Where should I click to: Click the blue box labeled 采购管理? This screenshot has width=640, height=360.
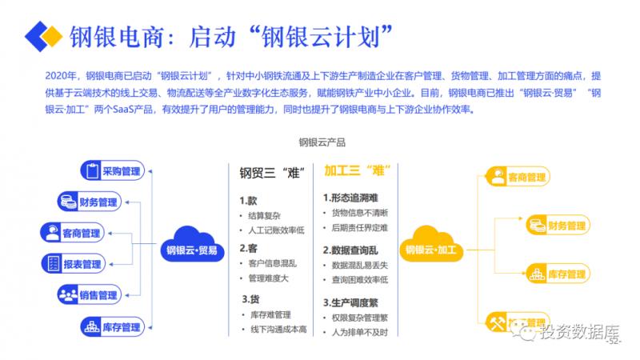pyautogui.click(x=111, y=170)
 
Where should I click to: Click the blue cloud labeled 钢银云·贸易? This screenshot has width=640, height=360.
pyautogui.click(x=193, y=248)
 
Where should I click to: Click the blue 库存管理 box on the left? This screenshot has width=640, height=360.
pyautogui.click(x=111, y=326)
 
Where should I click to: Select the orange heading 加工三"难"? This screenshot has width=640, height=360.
pyautogui.click(x=356, y=170)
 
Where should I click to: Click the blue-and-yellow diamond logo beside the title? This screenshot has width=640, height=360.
pyautogui.click(x=42, y=35)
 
